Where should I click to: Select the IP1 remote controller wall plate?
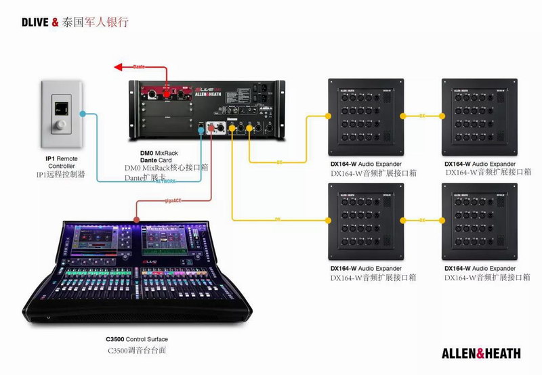tap(61, 114)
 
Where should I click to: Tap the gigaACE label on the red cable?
tap(175, 201)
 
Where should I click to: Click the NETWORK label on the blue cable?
tap(165, 181)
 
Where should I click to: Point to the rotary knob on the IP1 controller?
tap(61, 125)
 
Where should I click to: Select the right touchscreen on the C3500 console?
tap(163, 240)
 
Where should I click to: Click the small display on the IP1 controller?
tap(61, 107)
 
